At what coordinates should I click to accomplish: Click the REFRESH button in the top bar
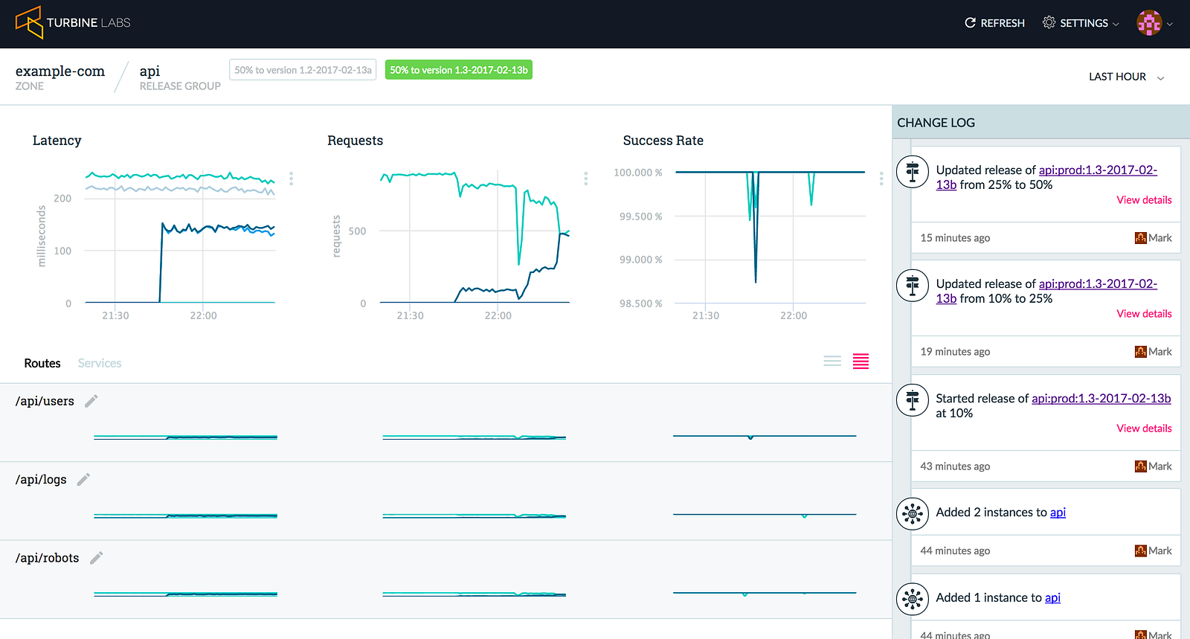coord(994,23)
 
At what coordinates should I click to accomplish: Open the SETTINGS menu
coord(1081,23)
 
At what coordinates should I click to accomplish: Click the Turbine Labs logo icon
coord(29,22)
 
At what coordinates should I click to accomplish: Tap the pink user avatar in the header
coord(1149,23)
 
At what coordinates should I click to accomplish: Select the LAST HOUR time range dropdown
coord(1126,77)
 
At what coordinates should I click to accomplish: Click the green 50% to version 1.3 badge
coord(458,70)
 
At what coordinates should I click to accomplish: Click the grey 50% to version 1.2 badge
coord(303,70)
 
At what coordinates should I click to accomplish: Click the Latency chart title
coord(57,141)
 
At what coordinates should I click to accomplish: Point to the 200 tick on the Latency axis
coord(62,198)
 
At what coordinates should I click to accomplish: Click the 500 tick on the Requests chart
coord(357,231)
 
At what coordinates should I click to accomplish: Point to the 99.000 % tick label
coord(640,260)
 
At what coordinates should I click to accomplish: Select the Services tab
coord(100,363)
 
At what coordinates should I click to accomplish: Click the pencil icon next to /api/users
coord(91,401)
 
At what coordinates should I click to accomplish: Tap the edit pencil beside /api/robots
coord(96,558)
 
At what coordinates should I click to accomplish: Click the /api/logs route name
coord(41,480)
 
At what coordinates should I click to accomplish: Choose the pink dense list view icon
coord(861,362)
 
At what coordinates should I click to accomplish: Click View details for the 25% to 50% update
coord(1144,200)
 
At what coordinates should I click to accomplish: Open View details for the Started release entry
coord(1144,428)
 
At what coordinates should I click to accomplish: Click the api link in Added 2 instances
coord(1058,513)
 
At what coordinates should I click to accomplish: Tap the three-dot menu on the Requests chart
coord(586,179)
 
